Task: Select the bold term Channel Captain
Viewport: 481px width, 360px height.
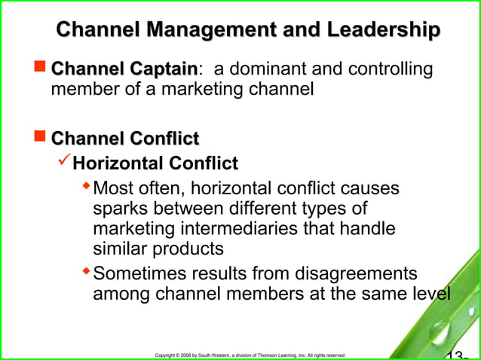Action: pyautogui.click(x=124, y=70)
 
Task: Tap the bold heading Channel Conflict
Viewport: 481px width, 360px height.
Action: pyautogui.click(x=124, y=138)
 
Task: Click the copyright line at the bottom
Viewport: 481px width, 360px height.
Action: pyautogui.click(x=250, y=354)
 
